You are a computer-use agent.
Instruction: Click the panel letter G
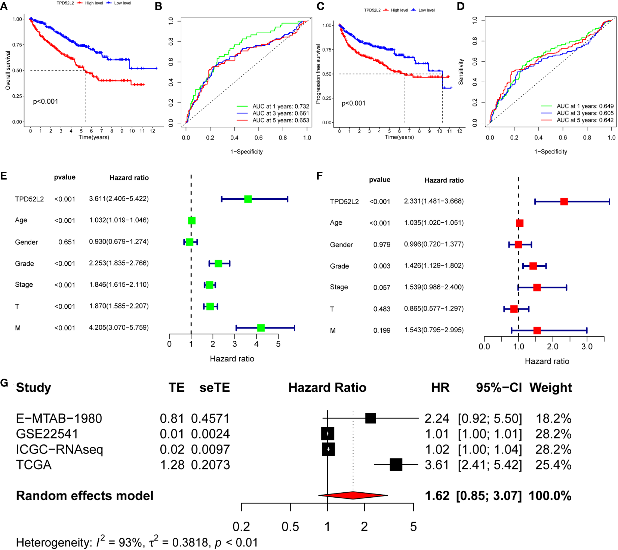pos(4,383)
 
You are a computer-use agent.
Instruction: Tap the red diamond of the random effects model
pos(353,495)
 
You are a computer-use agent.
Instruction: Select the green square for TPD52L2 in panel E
pos(248,199)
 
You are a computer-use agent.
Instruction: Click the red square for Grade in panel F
pos(533,266)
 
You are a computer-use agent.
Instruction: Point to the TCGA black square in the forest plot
pos(396,465)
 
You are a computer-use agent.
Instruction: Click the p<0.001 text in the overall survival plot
pos(46,101)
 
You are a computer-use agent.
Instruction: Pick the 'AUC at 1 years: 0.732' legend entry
pos(280,106)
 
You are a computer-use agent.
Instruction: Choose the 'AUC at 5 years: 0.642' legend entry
pos(585,120)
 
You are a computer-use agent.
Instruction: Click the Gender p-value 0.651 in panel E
pos(67,242)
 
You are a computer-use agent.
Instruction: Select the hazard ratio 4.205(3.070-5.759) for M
pos(119,328)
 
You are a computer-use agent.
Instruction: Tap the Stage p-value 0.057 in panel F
pos(382,287)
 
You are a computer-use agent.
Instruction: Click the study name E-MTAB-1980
pos(59,418)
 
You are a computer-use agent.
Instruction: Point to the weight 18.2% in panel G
pos(553,418)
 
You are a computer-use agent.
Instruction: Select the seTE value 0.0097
pos(210,449)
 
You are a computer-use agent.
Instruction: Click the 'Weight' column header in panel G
pos(550,388)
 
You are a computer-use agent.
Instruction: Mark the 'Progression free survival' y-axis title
pos(318,74)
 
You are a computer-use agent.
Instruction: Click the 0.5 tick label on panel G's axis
pos(290,527)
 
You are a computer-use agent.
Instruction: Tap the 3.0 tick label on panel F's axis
pos(587,346)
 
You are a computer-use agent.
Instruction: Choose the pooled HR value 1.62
pos(437,496)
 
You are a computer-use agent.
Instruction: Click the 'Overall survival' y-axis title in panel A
pos(8,70)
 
